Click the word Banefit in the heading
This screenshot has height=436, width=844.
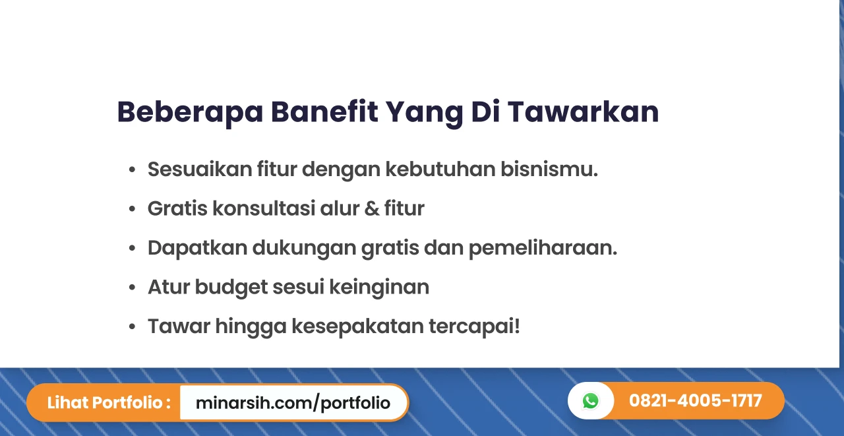tap(324, 111)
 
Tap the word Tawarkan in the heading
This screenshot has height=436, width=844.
tap(583, 111)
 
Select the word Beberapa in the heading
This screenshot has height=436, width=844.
tap(190, 113)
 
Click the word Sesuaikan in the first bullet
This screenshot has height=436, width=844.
tap(200, 169)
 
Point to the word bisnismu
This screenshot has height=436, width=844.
tap(549, 169)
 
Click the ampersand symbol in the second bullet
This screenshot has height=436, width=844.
tap(371, 208)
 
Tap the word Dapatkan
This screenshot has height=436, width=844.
tap(197, 247)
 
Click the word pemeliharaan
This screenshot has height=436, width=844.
tap(543, 248)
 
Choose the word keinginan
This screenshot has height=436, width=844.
tap(379, 288)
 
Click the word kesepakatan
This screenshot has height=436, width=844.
tap(357, 327)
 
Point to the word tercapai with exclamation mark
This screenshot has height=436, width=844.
tap(474, 327)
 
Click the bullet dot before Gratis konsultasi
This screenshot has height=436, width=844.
tap(132, 208)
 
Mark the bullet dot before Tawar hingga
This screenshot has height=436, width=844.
tap(132, 327)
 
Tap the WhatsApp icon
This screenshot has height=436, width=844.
tap(590, 400)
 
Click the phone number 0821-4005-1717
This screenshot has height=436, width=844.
tap(695, 400)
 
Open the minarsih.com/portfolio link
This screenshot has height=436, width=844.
tap(293, 403)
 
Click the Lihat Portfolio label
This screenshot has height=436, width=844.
tap(109, 402)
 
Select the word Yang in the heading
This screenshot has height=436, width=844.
tap(424, 113)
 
